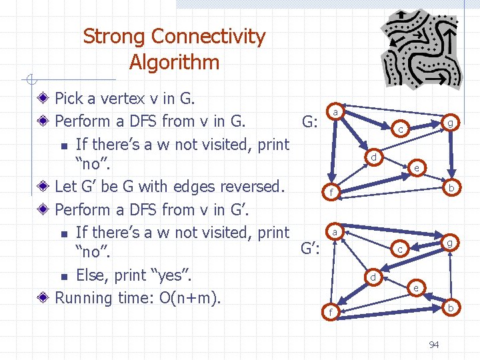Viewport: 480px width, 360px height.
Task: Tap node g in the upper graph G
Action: pyautogui.click(x=451, y=123)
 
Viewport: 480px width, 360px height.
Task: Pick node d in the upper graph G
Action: pyautogui.click(x=375, y=157)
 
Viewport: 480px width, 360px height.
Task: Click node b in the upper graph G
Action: pyautogui.click(x=451, y=189)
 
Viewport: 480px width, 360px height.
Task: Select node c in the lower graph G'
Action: pyautogui.click(x=399, y=249)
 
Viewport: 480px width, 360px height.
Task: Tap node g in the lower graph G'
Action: pyautogui.click(x=451, y=243)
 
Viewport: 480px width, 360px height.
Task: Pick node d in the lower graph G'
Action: pyautogui.click(x=375, y=277)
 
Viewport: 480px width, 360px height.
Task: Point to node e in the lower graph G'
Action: pyautogui.click(x=416, y=288)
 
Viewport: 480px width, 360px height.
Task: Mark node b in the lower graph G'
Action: pyautogui.click(x=451, y=308)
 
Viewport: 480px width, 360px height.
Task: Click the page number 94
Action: pyautogui.click(x=433, y=345)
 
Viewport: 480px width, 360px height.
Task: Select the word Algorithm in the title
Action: pyautogui.click(x=174, y=63)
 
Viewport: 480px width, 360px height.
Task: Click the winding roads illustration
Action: pyautogui.click(x=419, y=47)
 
